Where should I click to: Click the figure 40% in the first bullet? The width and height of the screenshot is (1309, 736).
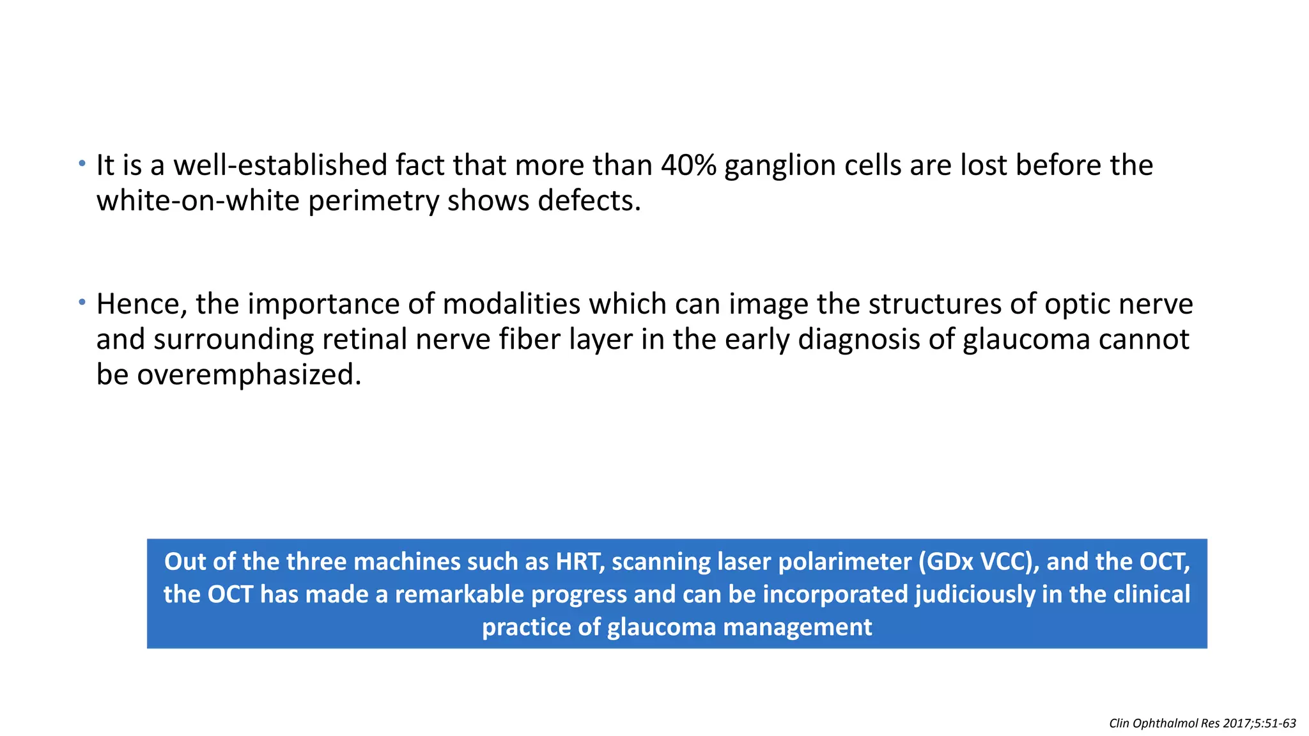(688, 165)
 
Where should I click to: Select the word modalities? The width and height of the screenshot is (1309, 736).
(511, 304)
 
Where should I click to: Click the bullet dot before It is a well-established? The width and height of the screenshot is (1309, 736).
(82, 164)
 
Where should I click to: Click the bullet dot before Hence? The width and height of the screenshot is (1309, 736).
(82, 302)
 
